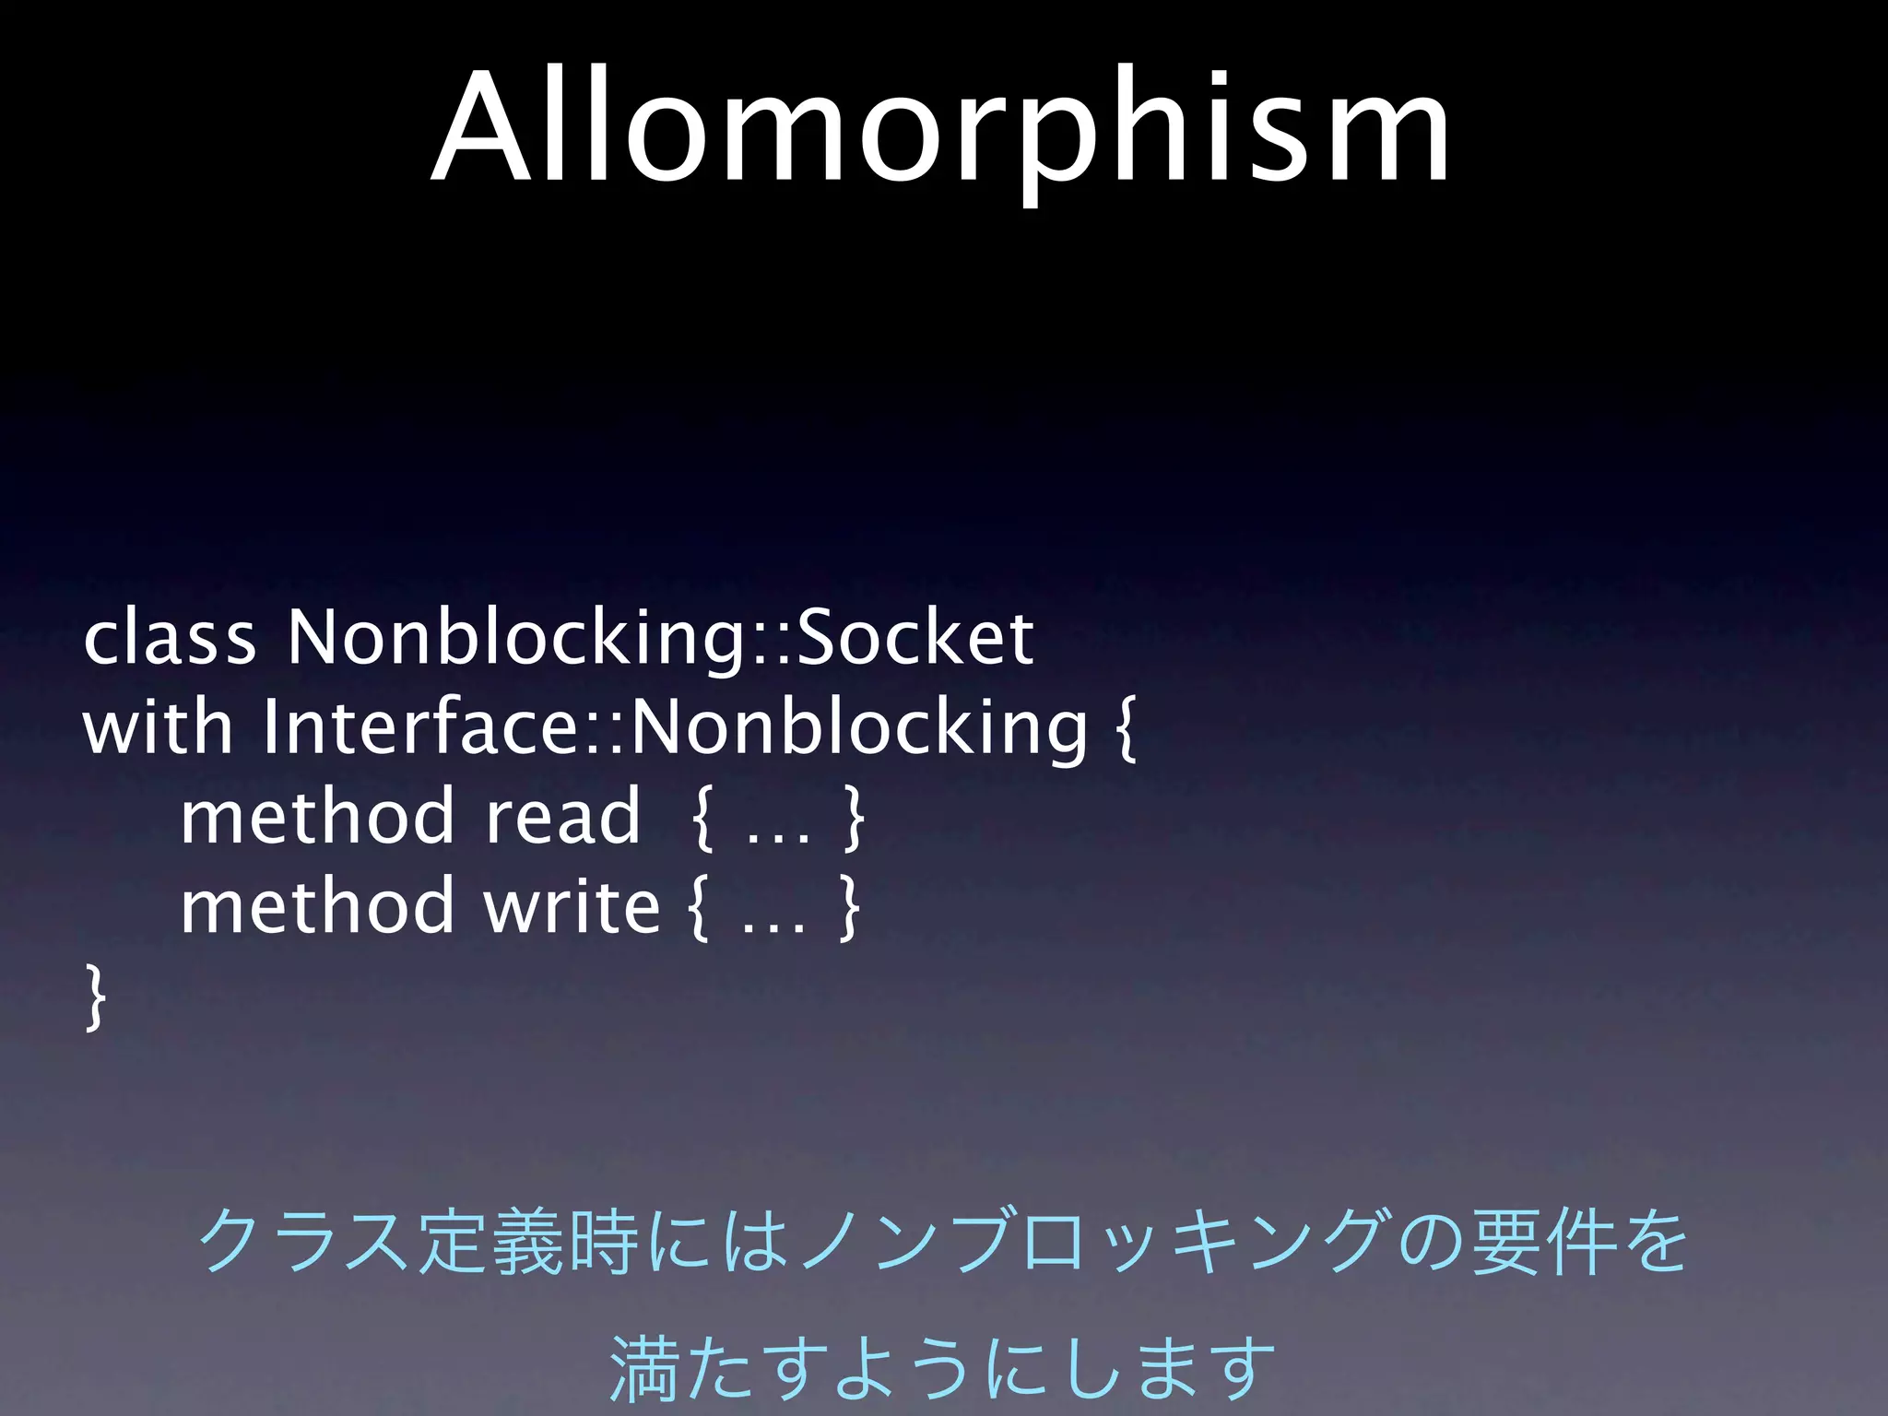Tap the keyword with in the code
point(158,727)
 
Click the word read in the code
point(562,817)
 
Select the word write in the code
point(572,906)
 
